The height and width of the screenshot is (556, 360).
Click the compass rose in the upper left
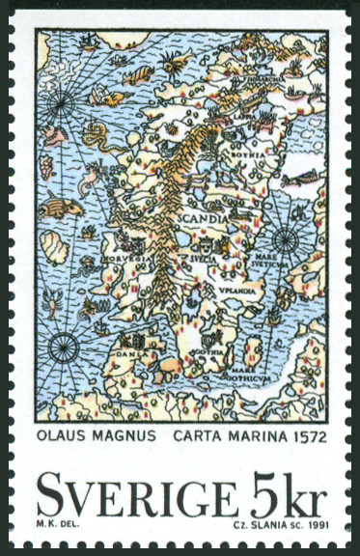click(64, 98)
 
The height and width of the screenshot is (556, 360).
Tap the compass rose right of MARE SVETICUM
click(285, 240)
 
